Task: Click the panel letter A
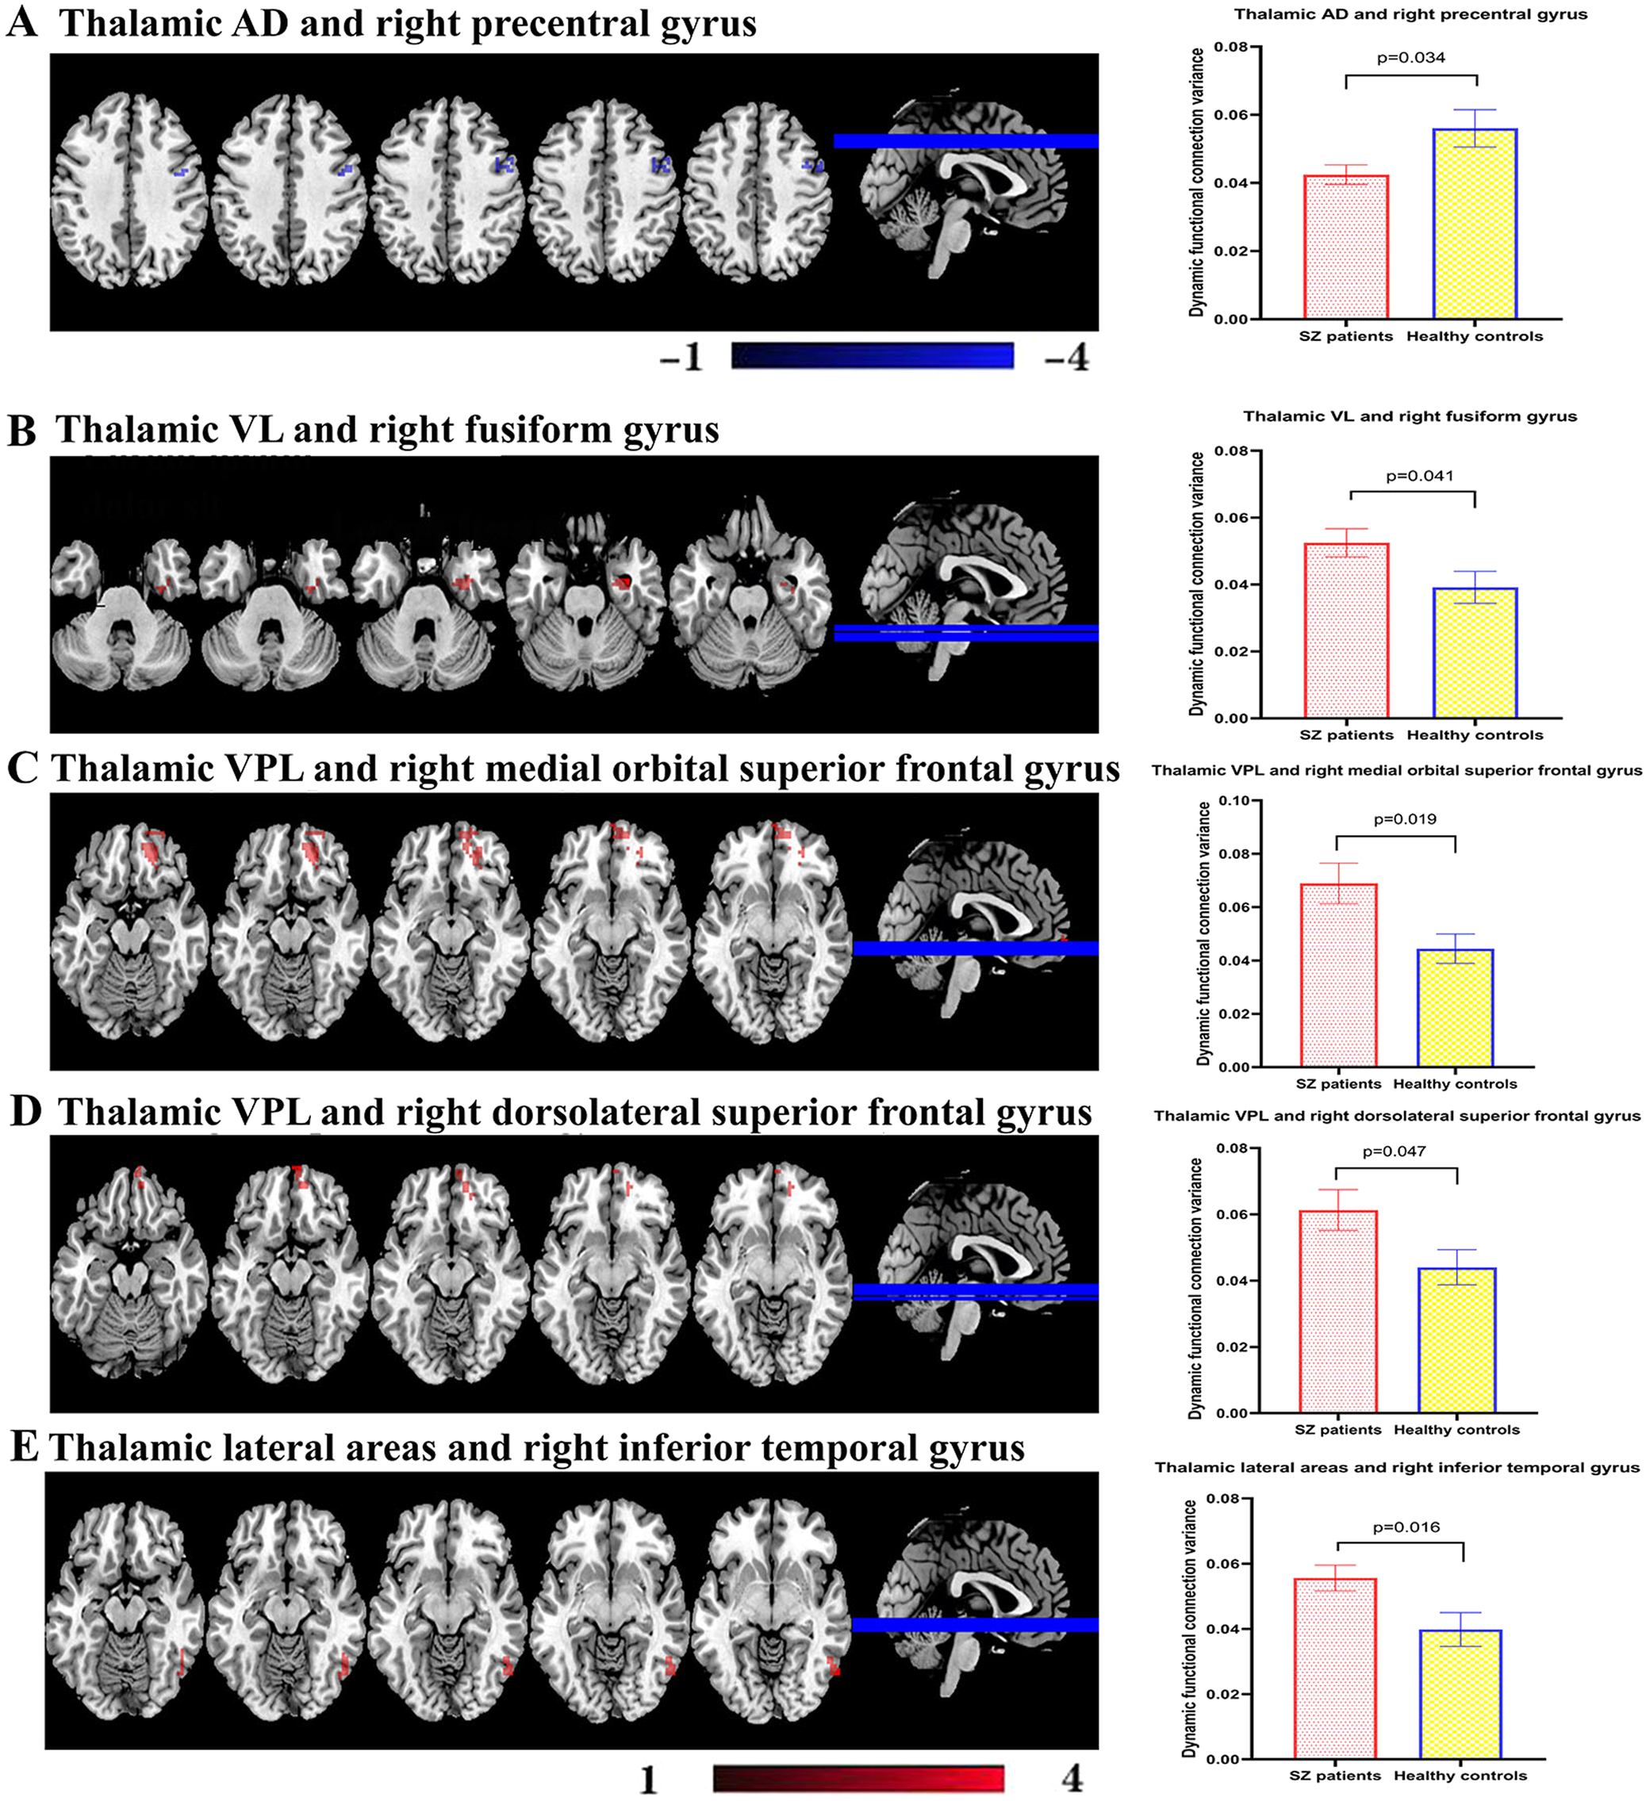[x=21, y=21]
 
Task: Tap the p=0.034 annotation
[x=1410, y=58]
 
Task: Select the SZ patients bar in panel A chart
[x=1345, y=247]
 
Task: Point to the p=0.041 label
[x=1419, y=476]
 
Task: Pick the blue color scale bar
[x=872, y=356]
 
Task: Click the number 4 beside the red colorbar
[x=1072, y=1780]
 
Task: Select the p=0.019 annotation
[x=1405, y=819]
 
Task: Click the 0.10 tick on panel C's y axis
[x=1234, y=800]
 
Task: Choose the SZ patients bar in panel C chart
[x=1337, y=975]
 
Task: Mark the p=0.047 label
[x=1393, y=1151]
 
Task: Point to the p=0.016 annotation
[x=1406, y=1527]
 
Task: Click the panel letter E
[x=23, y=1448]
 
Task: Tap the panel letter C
[x=22, y=769]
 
